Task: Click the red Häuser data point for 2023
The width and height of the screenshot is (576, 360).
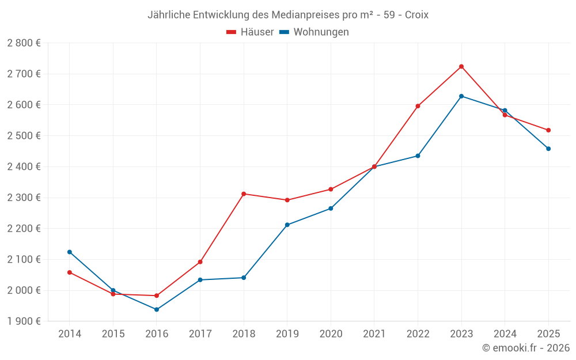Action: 461,66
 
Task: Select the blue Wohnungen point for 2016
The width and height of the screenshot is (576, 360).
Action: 157,309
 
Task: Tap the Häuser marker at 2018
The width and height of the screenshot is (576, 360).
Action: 244,194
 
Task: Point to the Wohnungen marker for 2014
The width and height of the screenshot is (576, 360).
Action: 70,252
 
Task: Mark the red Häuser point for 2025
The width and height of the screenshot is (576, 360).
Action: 548,130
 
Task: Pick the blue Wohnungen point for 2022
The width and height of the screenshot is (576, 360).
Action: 418,156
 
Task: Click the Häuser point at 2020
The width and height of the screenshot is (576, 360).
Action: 331,189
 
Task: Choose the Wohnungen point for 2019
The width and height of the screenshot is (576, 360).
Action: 287,225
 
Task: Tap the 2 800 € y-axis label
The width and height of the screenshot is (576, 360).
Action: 24,43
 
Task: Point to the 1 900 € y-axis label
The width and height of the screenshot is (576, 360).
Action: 24,321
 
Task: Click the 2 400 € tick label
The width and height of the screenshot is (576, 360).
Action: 24,167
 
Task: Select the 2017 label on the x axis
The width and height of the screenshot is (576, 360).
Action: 200,334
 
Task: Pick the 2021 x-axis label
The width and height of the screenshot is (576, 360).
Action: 374,334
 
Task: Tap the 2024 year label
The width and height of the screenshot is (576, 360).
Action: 505,334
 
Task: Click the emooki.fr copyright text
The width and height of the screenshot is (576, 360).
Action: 526,348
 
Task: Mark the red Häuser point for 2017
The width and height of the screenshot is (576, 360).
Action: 200,262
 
